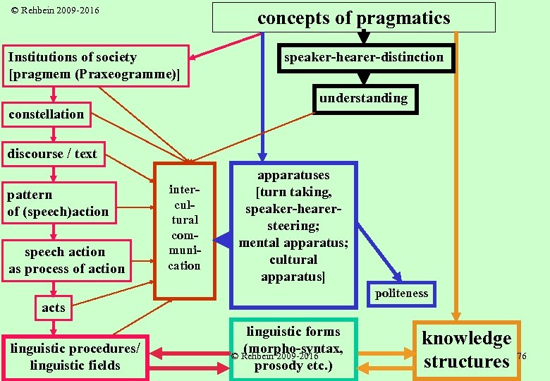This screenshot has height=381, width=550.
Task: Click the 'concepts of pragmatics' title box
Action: pyautogui.click(x=353, y=18)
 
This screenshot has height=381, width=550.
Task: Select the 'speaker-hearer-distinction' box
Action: pyautogui.click(x=364, y=58)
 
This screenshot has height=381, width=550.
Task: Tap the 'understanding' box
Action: pyautogui.click(x=363, y=99)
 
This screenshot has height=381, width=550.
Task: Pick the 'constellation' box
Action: pyautogui.click(x=47, y=114)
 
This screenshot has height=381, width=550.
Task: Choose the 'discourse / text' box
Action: pyautogui.click(x=52, y=154)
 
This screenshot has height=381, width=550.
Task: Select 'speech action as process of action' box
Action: pyautogui.click(x=66, y=260)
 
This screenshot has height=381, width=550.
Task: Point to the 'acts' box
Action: pyautogui.click(x=53, y=308)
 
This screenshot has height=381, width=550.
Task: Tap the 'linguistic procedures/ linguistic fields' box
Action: pyautogui.click(x=75, y=357)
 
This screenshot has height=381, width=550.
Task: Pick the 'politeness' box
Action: pyautogui.click(x=401, y=294)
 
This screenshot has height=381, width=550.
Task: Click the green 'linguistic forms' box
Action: pyautogui.click(x=293, y=349)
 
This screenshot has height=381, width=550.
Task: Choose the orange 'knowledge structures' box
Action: pyautogui.click(x=466, y=350)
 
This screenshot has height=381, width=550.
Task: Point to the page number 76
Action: pyautogui.click(x=522, y=356)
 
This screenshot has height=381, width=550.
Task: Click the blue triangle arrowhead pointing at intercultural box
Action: pyautogui.click(x=223, y=241)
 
